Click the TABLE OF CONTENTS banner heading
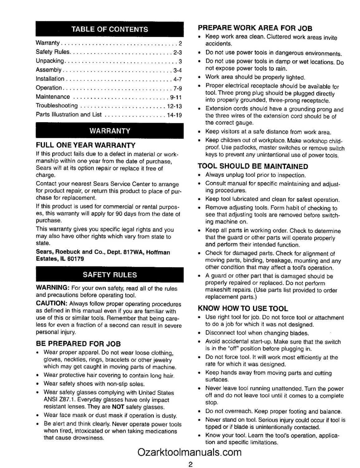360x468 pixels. pyautogui.click(x=110, y=29)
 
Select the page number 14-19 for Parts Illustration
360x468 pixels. pyautogui.click(x=174, y=115)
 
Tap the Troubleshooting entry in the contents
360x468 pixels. pyautogui.click(x=57, y=106)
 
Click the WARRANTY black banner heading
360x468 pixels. pyautogui.click(x=110, y=131)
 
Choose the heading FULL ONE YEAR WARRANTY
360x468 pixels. pyautogui.click(x=86, y=145)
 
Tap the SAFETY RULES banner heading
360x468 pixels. pyautogui.click(x=110, y=275)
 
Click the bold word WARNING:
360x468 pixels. pyautogui.click(x=52, y=287)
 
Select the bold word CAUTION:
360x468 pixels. pyautogui.click(x=52, y=303)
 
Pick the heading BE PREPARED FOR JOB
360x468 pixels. pyautogui.click(x=78, y=344)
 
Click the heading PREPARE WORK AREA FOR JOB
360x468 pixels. pyautogui.click(x=255, y=28)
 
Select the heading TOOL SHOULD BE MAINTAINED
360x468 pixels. pyautogui.click(x=253, y=166)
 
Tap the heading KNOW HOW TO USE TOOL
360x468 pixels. pyautogui.click(x=243, y=309)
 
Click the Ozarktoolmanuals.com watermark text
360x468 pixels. pyautogui.click(x=190, y=452)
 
